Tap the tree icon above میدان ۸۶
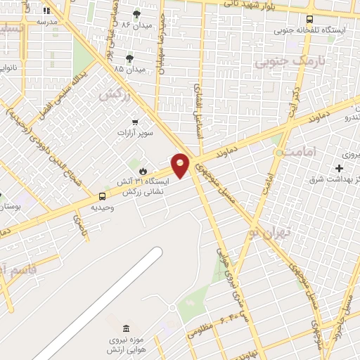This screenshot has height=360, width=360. pyautogui.click(x=136, y=13)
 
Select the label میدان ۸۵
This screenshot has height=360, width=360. pyautogui.click(x=129, y=69)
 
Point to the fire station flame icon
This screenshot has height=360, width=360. pyautogui.click(x=143, y=170)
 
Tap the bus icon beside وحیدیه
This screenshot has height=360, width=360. pyautogui.click(x=103, y=196)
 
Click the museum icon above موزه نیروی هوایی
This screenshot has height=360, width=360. pyautogui.click(x=126, y=329)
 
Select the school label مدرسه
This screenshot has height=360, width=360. pyautogui.click(x=46, y=21)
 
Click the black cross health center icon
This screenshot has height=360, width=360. pyautogui.click(x=340, y=168)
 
